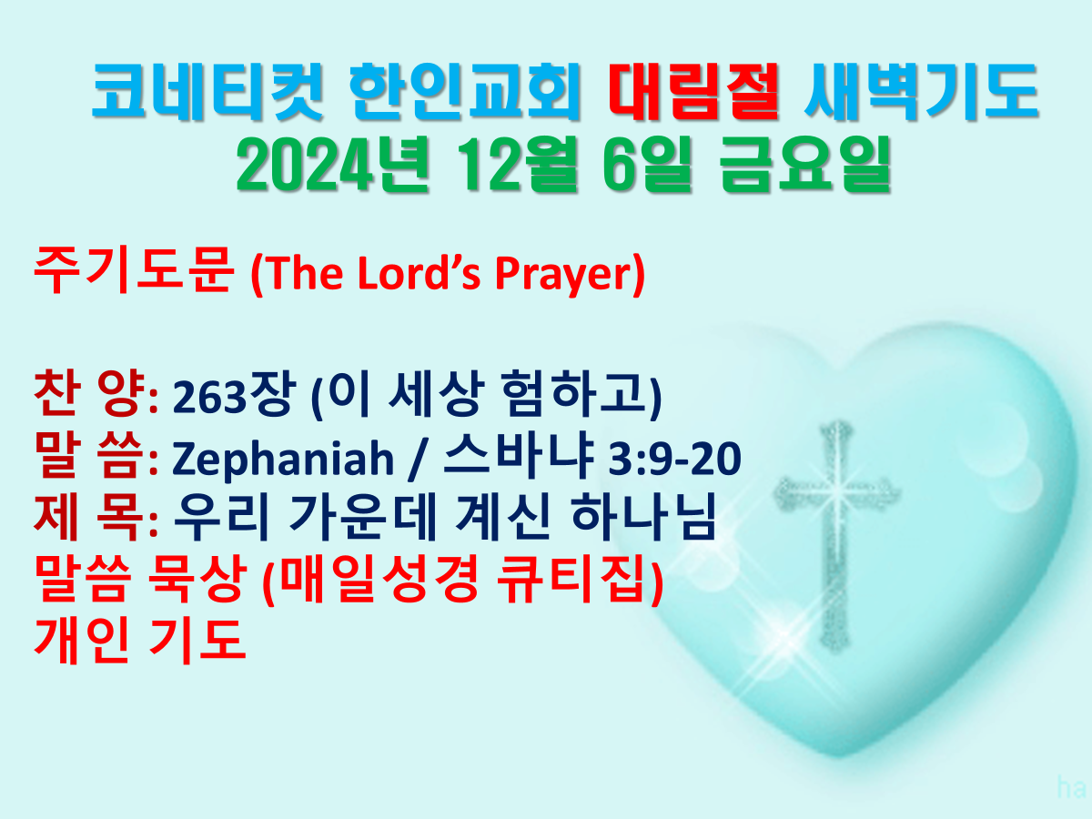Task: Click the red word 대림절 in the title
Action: (694, 92)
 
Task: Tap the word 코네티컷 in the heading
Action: (207, 92)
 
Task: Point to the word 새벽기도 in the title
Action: (922, 92)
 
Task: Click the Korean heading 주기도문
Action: (134, 270)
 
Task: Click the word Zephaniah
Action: (283, 460)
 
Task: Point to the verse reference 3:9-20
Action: (674, 459)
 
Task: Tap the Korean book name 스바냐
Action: (519, 456)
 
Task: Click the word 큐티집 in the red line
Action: (574, 580)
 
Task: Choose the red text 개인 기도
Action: (140, 641)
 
